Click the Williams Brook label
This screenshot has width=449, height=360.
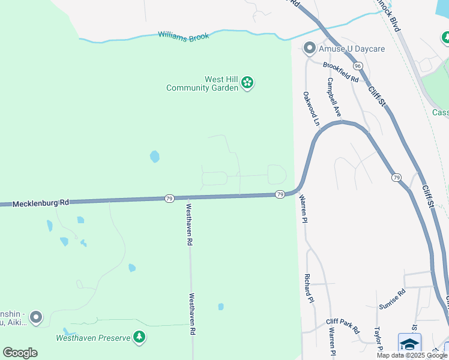[x=183, y=36]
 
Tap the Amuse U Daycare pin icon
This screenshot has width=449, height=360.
[x=310, y=47]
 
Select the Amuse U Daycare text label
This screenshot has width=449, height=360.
[x=352, y=48]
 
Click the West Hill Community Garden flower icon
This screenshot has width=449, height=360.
[x=247, y=84]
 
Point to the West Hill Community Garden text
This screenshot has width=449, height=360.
[x=204, y=83]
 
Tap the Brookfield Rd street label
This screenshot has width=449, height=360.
[x=340, y=72]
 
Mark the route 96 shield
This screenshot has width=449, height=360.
[x=358, y=65]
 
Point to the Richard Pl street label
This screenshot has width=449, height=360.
[x=309, y=288]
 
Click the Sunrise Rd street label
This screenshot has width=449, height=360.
[x=392, y=299]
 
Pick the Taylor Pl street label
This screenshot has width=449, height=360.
[x=379, y=340]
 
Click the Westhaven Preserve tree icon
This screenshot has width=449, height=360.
[x=139, y=337]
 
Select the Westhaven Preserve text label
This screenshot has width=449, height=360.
[x=93, y=338]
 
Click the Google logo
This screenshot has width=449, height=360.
[x=20, y=352]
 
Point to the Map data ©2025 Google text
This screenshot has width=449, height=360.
[x=411, y=355]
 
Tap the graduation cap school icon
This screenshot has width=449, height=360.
[x=409, y=343]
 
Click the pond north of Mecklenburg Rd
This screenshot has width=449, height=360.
[x=155, y=157]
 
